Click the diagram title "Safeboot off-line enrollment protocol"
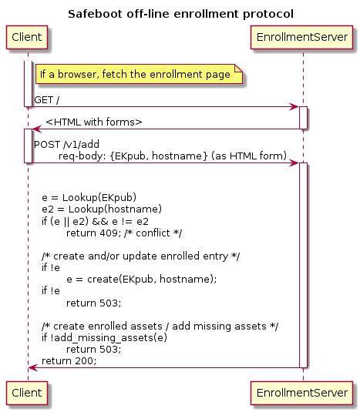[180, 13]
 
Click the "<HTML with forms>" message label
[94, 121]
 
